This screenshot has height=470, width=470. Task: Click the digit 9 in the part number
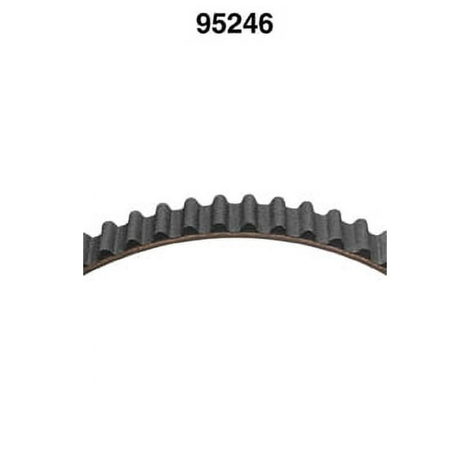click(x=204, y=24)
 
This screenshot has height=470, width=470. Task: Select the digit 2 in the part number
click(x=235, y=24)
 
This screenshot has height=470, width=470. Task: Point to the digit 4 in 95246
click(x=251, y=24)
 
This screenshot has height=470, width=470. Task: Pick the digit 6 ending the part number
click(x=266, y=24)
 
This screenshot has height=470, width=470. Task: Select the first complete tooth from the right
click(x=360, y=232)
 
